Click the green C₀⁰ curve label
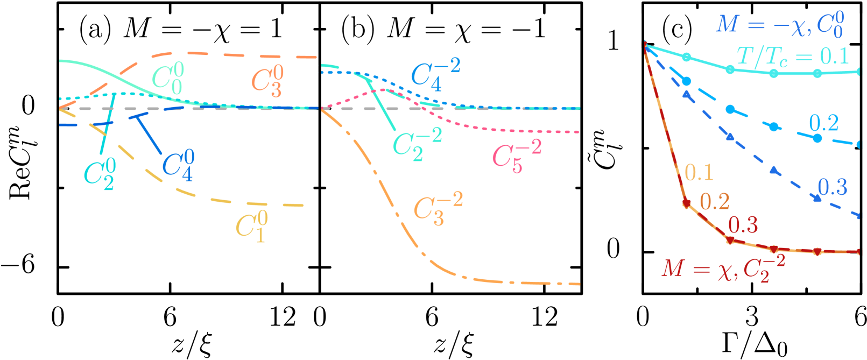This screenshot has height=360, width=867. (x=168, y=79)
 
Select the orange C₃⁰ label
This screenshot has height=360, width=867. (x=267, y=81)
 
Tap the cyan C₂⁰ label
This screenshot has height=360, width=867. (x=100, y=174)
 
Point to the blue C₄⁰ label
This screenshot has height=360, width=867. (x=178, y=165)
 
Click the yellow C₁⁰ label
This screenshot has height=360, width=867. (x=252, y=226)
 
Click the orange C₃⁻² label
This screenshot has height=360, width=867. (x=438, y=209)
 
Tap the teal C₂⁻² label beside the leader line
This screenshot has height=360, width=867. (x=417, y=144)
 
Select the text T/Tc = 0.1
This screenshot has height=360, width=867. (x=792, y=57)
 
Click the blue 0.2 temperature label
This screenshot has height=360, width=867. (x=823, y=123)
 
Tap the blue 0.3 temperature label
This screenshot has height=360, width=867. (x=832, y=187)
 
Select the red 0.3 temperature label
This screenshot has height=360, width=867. (x=743, y=225)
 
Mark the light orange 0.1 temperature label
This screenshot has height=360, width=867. (x=699, y=173)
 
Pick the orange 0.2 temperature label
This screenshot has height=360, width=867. (x=714, y=202)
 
